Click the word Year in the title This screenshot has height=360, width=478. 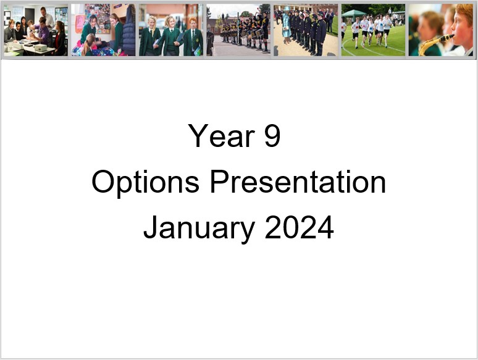(221, 136)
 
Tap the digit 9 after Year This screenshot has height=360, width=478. (272, 136)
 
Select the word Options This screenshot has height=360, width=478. (146, 182)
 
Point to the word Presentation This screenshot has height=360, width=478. (298, 182)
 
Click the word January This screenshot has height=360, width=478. (199, 228)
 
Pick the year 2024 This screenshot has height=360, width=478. (299, 227)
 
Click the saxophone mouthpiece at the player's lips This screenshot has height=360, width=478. (450, 37)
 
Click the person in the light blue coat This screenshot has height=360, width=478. (287, 25)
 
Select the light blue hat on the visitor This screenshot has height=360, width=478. (287, 9)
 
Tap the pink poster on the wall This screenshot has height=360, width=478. (80, 24)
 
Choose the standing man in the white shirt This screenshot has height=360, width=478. (47, 17)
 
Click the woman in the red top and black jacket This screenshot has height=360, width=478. (60, 38)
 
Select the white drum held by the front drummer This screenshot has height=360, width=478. (259, 33)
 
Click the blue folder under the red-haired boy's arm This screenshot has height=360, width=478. (198, 51)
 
